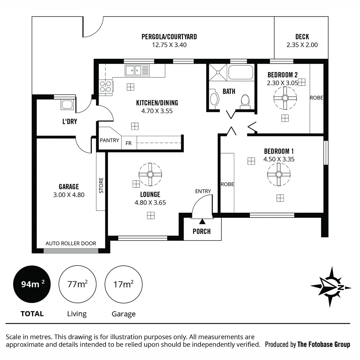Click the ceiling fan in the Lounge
point(150,174)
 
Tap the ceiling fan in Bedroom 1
point(279,174)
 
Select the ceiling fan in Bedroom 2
point(285,98)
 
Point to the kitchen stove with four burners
point(106,86)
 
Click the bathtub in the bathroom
point(241,72)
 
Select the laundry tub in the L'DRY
point(67,105)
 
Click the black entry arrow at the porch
point(202,221)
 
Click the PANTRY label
point(109,140)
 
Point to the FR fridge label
point(128,143)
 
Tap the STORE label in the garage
point(101,185)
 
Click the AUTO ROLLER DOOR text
point(71,243)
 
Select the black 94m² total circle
point(32,284)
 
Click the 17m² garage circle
point(123,284)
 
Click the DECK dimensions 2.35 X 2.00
point(302,45)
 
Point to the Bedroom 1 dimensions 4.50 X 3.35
point(279,159)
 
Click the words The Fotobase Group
point(323,344)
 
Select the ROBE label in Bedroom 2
point(316,98)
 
